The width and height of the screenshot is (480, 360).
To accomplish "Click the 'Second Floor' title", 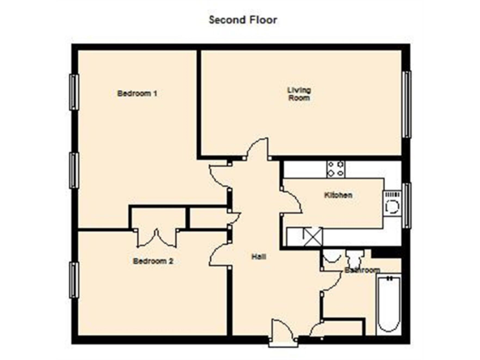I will click(242, 19).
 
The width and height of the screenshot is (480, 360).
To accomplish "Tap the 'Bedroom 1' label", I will click(137, 94).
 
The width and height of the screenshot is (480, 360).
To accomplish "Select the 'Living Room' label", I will click(299, 94).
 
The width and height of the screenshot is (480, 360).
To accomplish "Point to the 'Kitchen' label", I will click(338, 195).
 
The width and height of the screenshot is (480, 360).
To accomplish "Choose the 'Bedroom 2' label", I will click(153, 261).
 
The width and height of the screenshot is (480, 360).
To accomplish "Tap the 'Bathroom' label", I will click(362, 271).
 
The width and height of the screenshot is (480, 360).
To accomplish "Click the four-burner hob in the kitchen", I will click(336, 169).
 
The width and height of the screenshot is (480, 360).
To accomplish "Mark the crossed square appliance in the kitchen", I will click(311, 236).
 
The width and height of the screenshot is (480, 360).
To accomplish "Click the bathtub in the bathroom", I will click(388, 304).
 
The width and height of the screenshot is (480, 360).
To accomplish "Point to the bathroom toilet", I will click(332, 257).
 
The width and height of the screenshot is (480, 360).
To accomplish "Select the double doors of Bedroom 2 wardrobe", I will click(156, 237).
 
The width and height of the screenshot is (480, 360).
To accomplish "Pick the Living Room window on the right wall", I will click(407, 104).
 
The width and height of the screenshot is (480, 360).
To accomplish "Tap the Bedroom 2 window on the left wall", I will click(74, 280).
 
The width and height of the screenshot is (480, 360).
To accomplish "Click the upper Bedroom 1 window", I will click(74, 92).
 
